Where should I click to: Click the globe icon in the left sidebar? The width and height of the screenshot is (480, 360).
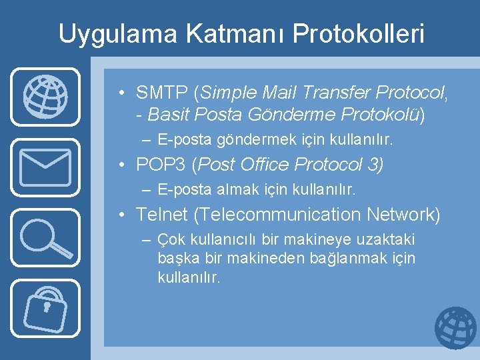click(x=45, y=96)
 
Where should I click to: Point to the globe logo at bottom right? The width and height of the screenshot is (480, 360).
click(x=455, y=328)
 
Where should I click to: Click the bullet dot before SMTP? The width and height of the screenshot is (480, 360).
click(x=124, y=92)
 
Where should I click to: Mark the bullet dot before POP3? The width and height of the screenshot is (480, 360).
click(x=124, y=165)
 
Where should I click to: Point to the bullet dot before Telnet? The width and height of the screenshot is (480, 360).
click(x=124, y=215)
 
